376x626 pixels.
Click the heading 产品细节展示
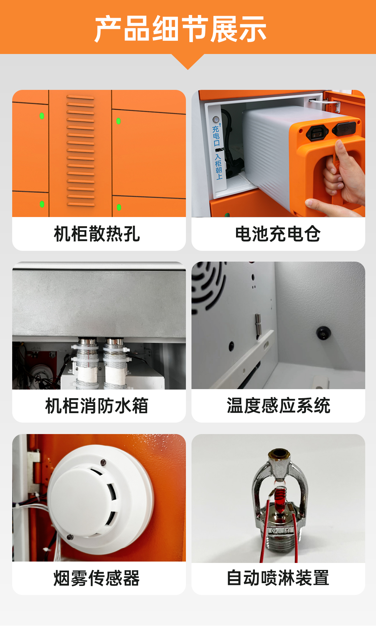tap(180, 29)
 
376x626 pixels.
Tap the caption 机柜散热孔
tap(97, 234)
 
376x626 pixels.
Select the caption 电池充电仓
tap(278, 234)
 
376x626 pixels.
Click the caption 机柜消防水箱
tap(97, 406)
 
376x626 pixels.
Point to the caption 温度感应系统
tap(279, 406)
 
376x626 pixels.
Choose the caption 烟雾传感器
tap(97, 578)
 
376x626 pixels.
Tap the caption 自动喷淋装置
tap(278, 578)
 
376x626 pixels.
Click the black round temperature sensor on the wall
tap(323, 333)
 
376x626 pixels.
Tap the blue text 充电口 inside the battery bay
tap(216, 136)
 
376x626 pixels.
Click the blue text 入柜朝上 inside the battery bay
tap(218, 167)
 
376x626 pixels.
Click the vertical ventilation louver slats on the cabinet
tap(80, 150)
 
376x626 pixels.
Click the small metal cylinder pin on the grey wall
tap(258, 324)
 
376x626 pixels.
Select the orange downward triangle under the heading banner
tap(188, 62)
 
